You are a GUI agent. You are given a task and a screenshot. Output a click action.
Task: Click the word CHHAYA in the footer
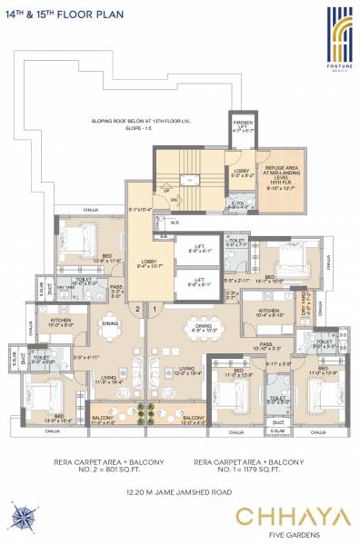pos(292,517)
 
